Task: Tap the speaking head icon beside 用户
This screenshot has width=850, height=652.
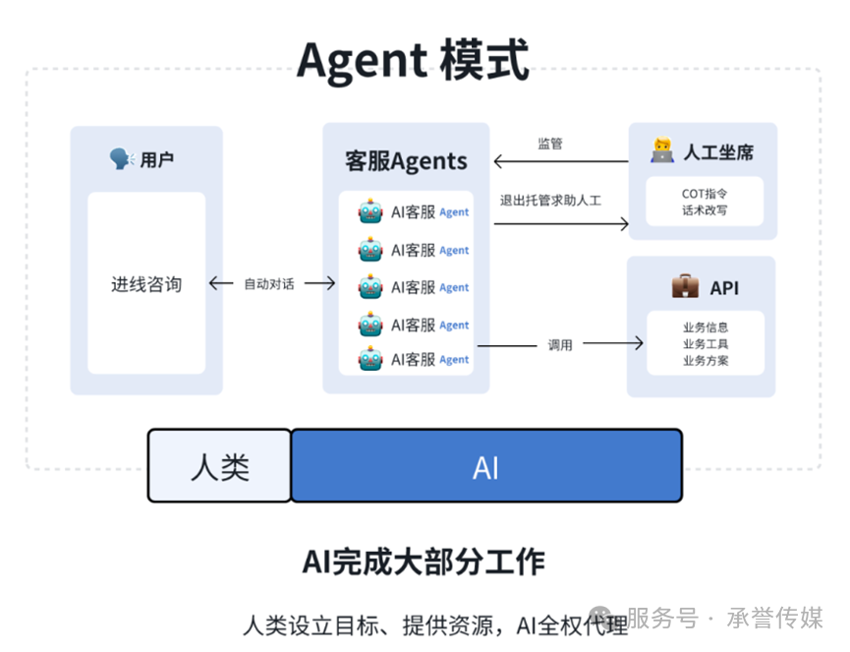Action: (122, 158)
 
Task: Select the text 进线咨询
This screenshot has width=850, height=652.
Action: (146, 284)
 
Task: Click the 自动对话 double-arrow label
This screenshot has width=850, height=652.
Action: (269, 284)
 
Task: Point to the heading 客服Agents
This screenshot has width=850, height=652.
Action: (406, 161)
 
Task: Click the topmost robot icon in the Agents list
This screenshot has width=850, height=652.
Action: (370, 211)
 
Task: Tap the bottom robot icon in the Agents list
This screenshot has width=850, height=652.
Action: (370, 360)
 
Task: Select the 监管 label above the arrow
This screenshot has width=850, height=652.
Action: (550, 144)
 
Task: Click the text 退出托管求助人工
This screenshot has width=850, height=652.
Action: (550, 201)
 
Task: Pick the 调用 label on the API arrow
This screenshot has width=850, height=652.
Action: (560, 344)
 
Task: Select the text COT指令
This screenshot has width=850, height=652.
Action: (705, 194)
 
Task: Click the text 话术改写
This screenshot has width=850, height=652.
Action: (705, 210)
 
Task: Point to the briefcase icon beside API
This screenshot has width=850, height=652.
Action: (685, 286)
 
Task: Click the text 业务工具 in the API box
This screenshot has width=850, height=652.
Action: (705, 344)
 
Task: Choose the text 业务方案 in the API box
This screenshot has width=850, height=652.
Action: (705, 361)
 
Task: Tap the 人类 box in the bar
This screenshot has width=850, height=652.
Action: (220, 466)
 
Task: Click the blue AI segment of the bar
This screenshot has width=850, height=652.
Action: (486, 466)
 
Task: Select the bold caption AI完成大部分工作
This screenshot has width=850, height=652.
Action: (424, 563)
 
